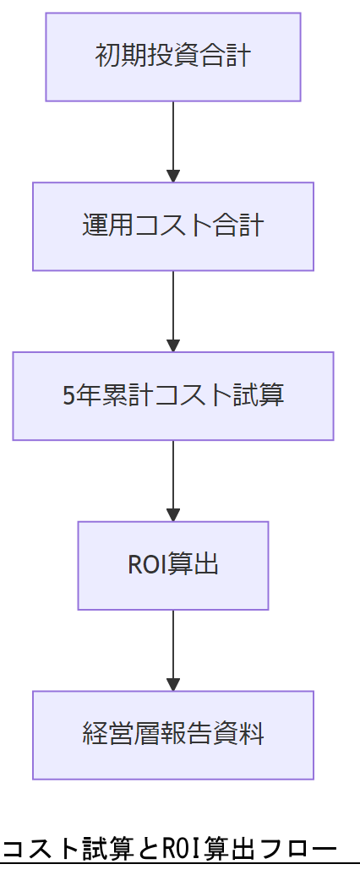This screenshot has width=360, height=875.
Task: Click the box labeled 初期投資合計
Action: coord(173,57)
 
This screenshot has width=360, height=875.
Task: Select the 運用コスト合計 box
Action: coord(173,226)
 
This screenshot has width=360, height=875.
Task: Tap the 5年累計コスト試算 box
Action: coord(173,396)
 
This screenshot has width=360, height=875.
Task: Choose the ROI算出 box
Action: coord(173,565)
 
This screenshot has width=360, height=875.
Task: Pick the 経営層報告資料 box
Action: coord(173,735)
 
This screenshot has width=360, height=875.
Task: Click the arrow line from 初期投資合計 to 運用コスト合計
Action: coord(173,135)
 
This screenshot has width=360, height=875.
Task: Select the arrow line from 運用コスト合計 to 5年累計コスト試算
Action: coord(173,305)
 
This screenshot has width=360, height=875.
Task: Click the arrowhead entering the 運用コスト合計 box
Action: coord(173,177)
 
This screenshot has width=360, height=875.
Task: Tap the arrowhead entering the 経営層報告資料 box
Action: coord(173,685)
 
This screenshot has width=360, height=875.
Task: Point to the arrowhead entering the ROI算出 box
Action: coord(173,515)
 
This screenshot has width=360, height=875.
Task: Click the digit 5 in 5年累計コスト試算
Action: coord(69,396)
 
